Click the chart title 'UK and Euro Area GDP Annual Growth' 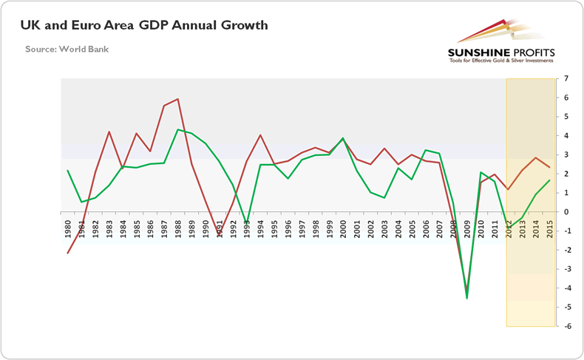(x=145, y=26)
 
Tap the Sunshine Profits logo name (x=501, y=52)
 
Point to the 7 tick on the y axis (x=566, y=78)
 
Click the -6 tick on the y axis (x=566, y=326)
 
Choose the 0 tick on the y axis (x=566, y=212)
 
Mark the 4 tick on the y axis (x=566, y=135)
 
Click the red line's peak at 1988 (x=178, y=99)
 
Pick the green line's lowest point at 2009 (x=467, y=298)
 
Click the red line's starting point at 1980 (x=67, y=253)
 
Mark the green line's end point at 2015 (x=549, y=180)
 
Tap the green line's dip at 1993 (x=247, y=222)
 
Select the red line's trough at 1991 (x=219, y=234)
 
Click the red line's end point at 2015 (x=549, y=167)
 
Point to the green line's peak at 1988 (x=178, y=130)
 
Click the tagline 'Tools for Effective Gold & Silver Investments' (x=501, y=61)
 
